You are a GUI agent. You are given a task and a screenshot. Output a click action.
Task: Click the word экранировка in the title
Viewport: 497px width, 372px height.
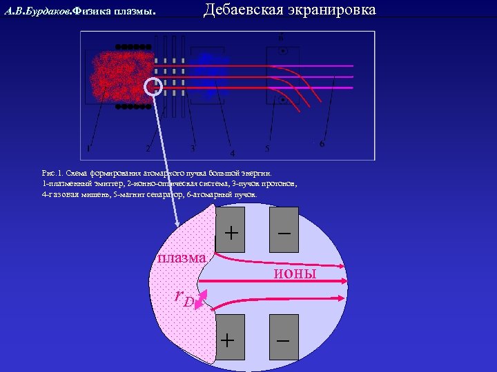(332, 10)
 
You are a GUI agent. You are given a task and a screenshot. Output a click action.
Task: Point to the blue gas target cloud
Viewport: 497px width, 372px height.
(206, 70)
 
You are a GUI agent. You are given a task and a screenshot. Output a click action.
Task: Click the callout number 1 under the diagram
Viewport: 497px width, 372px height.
(88, 147)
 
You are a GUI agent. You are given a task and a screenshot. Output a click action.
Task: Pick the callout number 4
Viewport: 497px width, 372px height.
(233, 153)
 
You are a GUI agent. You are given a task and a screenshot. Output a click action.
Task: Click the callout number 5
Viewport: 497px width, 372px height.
(267, 149)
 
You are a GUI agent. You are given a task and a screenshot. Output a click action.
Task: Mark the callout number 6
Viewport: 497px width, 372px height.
(322, 143)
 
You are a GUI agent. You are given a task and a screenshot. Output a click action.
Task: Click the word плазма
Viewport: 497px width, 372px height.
(181, 258)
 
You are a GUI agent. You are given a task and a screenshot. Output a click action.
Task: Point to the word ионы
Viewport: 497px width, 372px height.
(295, 273)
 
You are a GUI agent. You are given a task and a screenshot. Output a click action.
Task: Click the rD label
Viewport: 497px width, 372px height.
(184, 298)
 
